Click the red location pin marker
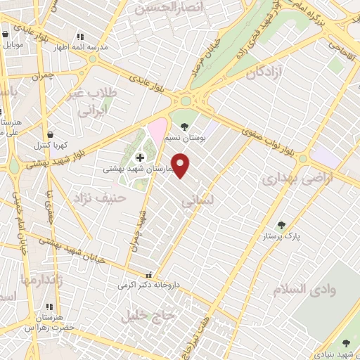[181, 165]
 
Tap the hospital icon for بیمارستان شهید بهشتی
[139, 156]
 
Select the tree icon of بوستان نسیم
[184, 127]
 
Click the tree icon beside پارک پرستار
[282, 225]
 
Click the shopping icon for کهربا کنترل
[49, 134]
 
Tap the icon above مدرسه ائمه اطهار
[80, 36]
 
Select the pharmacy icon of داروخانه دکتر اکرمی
[147, 276]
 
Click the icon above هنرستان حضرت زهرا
[49, 307]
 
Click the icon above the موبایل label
[6, 33]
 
